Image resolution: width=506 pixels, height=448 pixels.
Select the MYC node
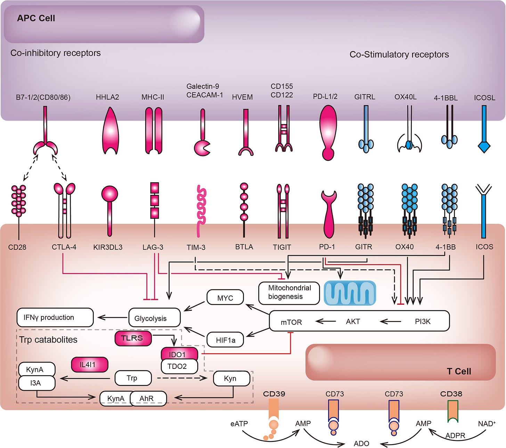[225, 298]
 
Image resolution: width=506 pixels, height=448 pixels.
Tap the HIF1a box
[225, 340]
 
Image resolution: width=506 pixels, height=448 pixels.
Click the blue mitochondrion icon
[350, 293]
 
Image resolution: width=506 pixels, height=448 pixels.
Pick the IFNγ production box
[55, 317]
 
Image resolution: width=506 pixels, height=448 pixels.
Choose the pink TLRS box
[133, 338]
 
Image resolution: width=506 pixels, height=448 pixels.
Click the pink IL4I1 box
[89, 364]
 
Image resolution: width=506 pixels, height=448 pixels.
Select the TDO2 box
[179, 366]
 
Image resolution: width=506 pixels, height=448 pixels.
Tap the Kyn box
[231, 378]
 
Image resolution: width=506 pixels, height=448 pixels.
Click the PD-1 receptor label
[327, 247]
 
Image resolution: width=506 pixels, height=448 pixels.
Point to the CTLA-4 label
[64, 247]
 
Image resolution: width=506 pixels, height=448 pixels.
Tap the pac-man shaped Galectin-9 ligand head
[202, 148]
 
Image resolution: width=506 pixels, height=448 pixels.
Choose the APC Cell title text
[36, 18]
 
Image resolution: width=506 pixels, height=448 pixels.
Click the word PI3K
[422, 322]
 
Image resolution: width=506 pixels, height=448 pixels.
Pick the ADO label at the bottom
[361, 443]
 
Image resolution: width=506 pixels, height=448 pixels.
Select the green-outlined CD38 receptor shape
[452, 411]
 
